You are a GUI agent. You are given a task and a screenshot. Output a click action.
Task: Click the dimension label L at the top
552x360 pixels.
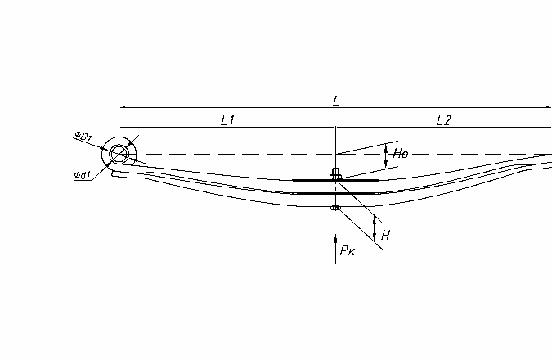tap(336, 101)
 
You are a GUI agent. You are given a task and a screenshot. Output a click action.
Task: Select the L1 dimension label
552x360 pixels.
tap(227, 121)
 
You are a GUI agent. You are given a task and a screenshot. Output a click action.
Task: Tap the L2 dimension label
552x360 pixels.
tap(443, 121)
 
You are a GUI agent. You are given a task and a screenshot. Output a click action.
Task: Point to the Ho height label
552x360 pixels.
tap(401, 153)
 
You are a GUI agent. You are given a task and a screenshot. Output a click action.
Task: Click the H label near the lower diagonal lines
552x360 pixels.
tap(386, 235)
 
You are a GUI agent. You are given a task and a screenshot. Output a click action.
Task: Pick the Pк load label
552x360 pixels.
tap(348, 250)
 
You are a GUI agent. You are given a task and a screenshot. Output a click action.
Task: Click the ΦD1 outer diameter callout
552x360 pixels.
tap(83, 137)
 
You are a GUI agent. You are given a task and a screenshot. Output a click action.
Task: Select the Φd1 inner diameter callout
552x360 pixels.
tap(83, 175)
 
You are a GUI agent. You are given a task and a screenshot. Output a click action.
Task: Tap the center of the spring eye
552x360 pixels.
tap(119, 154)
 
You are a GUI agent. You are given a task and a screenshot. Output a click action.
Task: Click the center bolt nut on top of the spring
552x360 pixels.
tap(335, 173)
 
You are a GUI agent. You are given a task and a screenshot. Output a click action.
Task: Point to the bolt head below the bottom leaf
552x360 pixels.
tap(336, 208)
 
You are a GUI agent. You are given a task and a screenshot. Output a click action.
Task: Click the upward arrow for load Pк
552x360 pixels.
tap(335, 249)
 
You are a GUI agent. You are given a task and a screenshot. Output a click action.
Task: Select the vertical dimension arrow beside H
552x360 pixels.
tap(375, 229)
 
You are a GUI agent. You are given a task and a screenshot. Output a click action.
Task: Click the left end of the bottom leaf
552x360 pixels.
tap(112, 173)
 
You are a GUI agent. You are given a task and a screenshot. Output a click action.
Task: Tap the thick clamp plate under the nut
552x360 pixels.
tap(335, 180)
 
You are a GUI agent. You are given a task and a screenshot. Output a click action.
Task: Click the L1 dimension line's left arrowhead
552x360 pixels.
tap(122, 127)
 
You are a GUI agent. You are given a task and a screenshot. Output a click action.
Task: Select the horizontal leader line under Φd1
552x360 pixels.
tap(83, 180)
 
